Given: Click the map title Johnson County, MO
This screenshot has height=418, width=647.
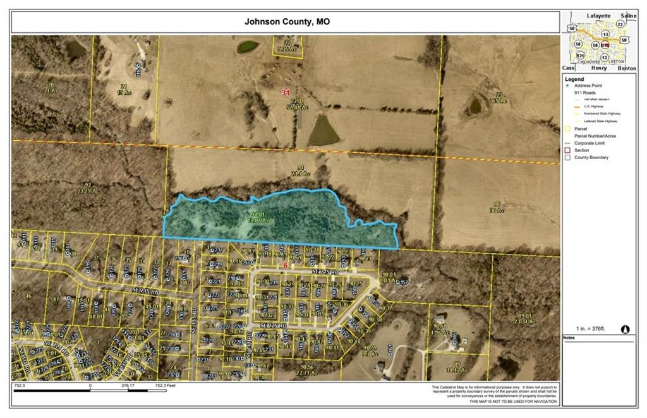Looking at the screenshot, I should (x=287, y=21).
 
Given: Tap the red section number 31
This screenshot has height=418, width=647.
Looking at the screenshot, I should (x=286, y=92).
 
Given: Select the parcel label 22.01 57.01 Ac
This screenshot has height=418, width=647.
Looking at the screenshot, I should (x=298, y=104).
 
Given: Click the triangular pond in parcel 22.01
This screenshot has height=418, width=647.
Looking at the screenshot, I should (x=323, y=132).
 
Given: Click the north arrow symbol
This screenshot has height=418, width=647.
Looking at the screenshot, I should (x=626, y=329).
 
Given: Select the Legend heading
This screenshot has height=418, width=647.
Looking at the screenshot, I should (x=574, y=79).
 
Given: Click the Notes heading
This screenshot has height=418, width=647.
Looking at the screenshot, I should (x=570, y=338).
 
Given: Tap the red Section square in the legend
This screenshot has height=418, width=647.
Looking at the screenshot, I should (x=567, y=150).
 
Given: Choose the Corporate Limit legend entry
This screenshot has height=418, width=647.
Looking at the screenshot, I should (x=591, y=143).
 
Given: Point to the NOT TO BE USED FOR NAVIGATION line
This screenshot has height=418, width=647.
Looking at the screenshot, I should (x=496, y=402).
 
